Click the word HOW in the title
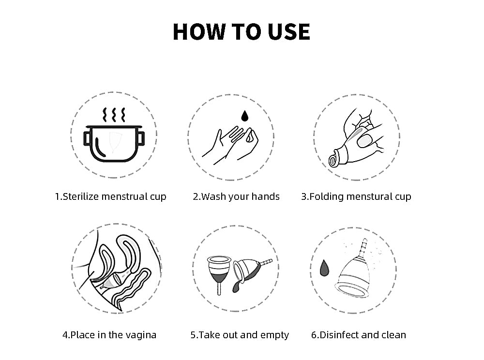(199, 31)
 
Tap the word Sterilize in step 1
(81, 196)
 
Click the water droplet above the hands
(245, 116)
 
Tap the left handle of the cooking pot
(87, 138)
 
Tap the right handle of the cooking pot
(141, 138)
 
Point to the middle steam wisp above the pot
(114, 115)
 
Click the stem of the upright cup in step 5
(219, 289)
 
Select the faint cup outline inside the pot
(114, 142)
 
